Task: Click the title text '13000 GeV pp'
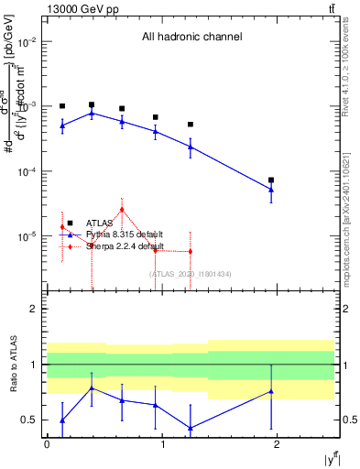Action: pos(79,9)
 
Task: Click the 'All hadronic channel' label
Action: pos(191,38)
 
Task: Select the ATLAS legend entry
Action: pos(98,223)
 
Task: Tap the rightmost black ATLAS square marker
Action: pos(271,180)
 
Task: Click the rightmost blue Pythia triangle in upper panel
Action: pos(271,190)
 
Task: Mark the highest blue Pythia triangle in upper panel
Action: pos(92,113)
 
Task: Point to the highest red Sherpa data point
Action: pos(121,209)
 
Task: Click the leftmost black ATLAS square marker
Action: pos(62,106)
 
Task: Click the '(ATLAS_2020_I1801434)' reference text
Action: pos(191,274)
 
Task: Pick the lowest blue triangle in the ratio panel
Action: pos(191,428)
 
